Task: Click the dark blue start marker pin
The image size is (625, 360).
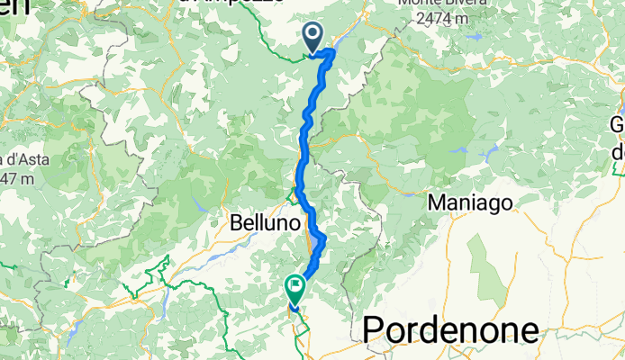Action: (x=313, y=36)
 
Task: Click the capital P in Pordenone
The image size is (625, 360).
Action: (x=374, y=331)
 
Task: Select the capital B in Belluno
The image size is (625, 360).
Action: (x=236, y=220)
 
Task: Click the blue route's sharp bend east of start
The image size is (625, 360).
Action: (x=333, y=52)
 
